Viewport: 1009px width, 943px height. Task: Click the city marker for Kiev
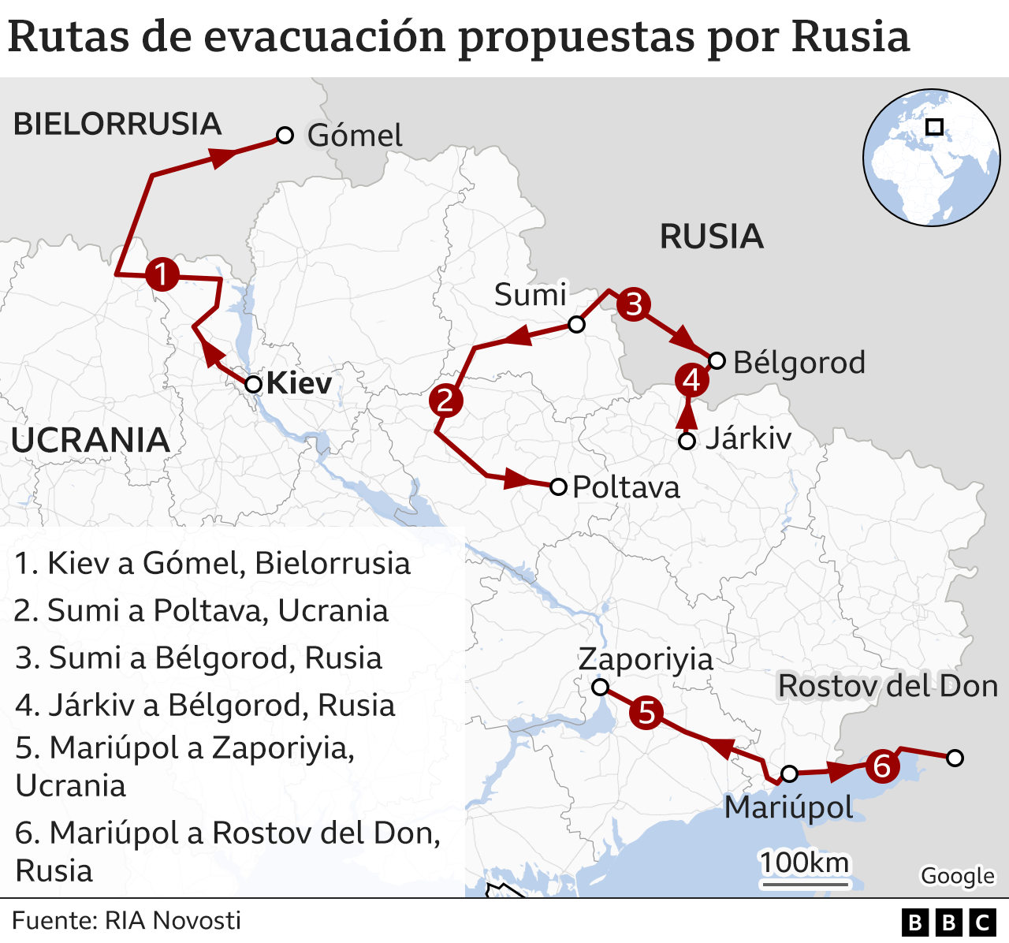[253, 385]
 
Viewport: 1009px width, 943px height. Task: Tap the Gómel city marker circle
[285, 136]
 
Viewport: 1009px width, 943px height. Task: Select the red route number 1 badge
[162, 275]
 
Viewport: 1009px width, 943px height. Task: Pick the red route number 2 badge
[445, 400]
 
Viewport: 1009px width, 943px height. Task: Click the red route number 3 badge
[634, 304]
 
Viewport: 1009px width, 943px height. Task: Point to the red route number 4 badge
[691, 380]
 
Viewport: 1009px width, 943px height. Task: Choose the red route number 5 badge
[646, 713]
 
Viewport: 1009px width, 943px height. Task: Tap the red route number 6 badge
[881, 766]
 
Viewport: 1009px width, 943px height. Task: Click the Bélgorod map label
[799, 363]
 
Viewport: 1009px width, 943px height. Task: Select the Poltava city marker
[558, 486]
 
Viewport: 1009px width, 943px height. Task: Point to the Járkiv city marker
[687, 441]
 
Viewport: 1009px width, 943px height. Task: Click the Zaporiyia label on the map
[646, 659]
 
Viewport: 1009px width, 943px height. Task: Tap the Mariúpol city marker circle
[789, 773]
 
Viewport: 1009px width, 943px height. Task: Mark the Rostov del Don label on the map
[888, 686]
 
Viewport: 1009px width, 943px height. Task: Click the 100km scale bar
[804, 883]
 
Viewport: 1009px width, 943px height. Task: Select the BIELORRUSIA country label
[117, 125]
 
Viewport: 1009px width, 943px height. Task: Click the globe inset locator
[931, 157]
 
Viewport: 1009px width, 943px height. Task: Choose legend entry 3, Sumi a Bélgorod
[199, 658]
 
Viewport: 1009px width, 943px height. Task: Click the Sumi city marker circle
[576, 325]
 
